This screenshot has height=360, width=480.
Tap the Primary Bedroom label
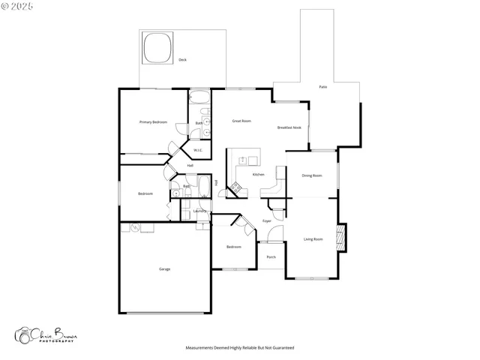(x=153, y=121)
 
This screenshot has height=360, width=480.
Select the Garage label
(x=164, y=268)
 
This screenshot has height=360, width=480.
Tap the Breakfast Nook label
(x=289, y=127)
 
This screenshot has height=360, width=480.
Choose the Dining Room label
(x=312, y=175)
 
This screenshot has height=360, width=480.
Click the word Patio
(x=322, y=87)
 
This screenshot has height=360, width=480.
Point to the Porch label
(x=271, y=257)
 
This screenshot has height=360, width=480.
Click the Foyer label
(x=266, y=220)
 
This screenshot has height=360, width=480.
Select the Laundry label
(x=199, y=211)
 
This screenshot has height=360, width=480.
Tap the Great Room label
(x=241, y=121)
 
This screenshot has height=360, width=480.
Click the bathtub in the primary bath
(x=199, y=97)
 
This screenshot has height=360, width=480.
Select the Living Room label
(x=313, y=239)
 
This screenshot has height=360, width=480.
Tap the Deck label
(x=182, y=59)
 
